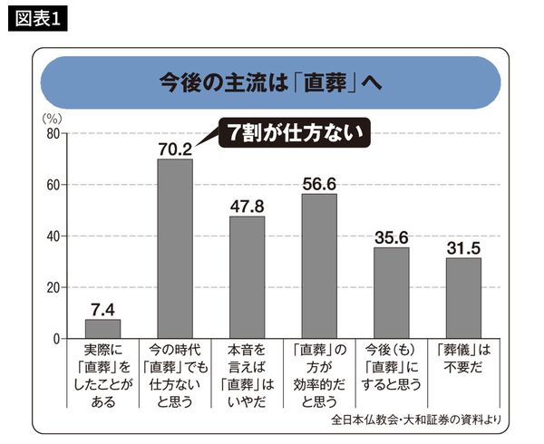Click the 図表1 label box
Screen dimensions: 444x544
[x=41, y=19]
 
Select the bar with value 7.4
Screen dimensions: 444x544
[x=102, y=329]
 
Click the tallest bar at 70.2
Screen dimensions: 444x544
[x=175, y=249]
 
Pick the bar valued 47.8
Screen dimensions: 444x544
[x=247, y=277]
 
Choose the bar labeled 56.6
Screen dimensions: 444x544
[x=319, y=266]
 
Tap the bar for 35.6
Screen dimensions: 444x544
[x=391, y=293]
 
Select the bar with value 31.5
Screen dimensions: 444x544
[x=463, y=298]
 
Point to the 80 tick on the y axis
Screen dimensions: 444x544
[x=53, y=134]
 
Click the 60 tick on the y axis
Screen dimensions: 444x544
[x=53, y=185]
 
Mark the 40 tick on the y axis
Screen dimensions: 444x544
[x=53, y=236]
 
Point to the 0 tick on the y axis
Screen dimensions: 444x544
[x=56, y=339]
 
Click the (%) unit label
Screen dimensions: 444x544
[x=53, y=118]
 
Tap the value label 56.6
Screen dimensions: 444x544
[x=319, y=184]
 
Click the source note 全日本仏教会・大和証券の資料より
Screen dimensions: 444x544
[x=414, y=420]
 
